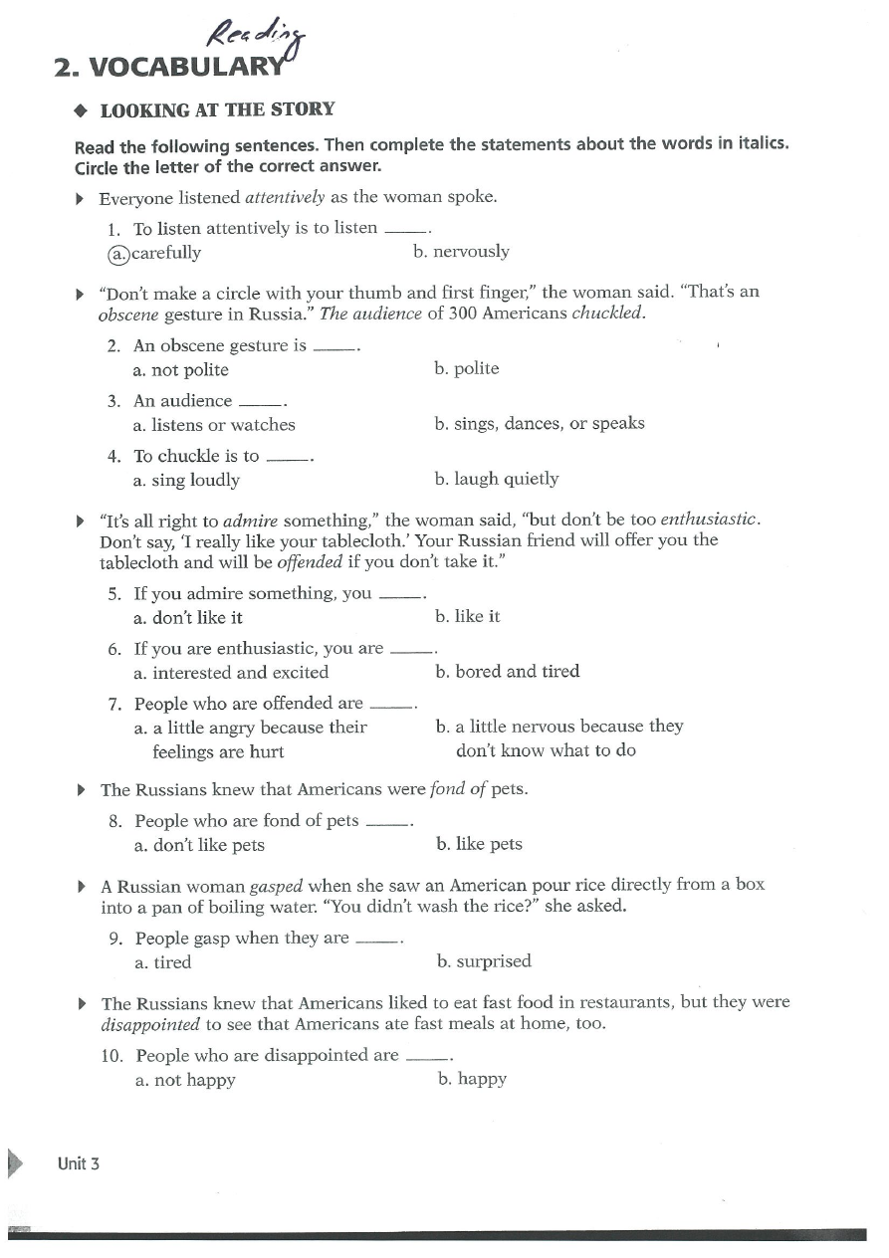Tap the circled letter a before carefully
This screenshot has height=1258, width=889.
tap(118, 253)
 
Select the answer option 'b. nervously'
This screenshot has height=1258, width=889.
tap(461, 252)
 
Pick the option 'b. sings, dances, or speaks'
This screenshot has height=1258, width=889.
tap(540, 424)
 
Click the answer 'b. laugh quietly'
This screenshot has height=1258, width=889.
tap(497, 480)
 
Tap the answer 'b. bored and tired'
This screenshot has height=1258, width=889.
tap(508, 672)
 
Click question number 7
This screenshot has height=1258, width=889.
tap(114, 704)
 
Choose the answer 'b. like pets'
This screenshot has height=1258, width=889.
tap(479, 845)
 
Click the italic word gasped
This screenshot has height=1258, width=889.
tap(276, 886)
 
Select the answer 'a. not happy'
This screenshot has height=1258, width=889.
tap(185, 1080)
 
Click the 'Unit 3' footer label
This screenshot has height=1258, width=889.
tap(79, 1163)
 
